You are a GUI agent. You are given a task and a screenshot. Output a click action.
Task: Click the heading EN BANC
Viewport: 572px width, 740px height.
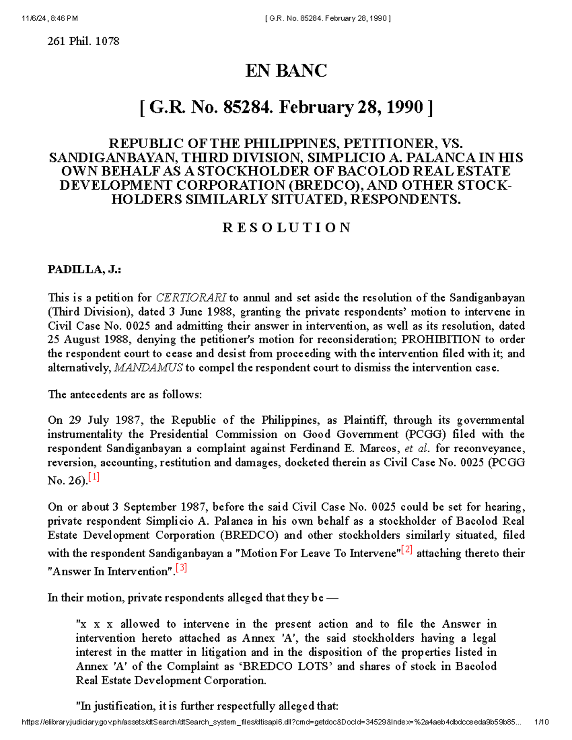click(286, 71)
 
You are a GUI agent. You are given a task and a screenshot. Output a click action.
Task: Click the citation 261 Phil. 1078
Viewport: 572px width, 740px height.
click(83, 41)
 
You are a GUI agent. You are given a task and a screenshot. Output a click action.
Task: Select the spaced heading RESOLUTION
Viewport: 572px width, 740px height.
click(286, 227)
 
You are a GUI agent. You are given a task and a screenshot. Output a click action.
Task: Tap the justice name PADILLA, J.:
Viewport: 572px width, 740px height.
click(84, 270)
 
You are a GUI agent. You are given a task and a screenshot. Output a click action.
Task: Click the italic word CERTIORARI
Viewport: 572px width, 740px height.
click(191, 298)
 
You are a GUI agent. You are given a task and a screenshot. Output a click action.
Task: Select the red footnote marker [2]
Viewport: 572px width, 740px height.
click(407, 550)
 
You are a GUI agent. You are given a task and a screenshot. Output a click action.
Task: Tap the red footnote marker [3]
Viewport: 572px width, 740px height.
click(181, 568)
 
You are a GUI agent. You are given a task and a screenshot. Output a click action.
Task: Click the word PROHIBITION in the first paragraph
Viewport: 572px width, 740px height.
click(441, 340)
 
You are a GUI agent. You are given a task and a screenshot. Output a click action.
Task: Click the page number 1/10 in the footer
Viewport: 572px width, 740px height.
click(542, 722)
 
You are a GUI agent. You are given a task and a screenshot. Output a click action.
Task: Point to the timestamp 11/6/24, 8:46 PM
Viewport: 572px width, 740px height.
click(50, 19)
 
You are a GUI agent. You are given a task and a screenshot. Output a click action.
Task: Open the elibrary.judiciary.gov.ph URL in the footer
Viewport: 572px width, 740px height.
click(272, 722)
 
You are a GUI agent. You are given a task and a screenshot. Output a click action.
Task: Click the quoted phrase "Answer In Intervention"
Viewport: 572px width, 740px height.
click(110, 571)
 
